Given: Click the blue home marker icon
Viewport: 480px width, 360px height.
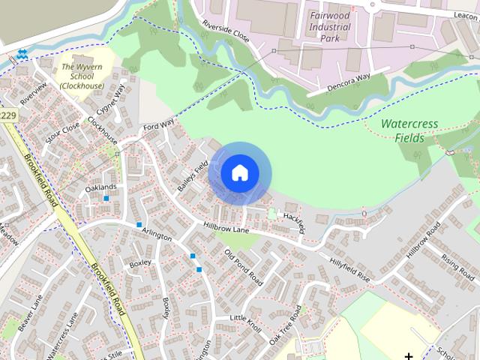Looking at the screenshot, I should [x=239, y=173].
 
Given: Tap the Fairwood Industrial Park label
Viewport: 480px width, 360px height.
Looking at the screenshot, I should [x=330, y=28].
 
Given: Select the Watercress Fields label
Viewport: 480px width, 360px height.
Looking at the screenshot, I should [x=409, y=130].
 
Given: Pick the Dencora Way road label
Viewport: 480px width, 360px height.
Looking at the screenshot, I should [x=349, y=83].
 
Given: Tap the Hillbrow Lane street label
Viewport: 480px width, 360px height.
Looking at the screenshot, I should [x=225, y=227].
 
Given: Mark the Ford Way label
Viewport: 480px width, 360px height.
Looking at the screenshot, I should [x=158, y=125].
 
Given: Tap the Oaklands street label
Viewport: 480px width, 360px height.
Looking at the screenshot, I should [x=101, y=187].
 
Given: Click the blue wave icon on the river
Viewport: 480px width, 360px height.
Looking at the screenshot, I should [x=22, y=54].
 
